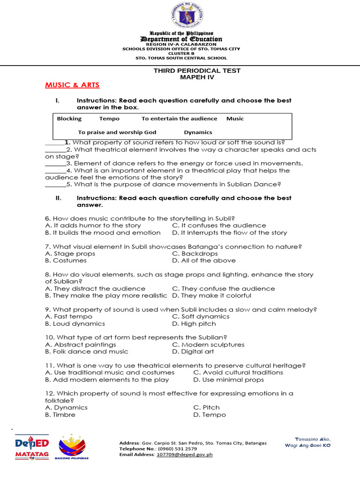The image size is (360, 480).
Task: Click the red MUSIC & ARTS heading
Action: (x=72, y=85)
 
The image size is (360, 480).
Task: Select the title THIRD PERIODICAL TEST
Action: (x=197, y=70)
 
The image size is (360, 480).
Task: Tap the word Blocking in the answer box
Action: (x=69, y=119)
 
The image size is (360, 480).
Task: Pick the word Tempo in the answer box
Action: (x=109, y=119)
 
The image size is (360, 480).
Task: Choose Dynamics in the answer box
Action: (x=198, y=132)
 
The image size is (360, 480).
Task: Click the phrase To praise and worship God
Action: (x=117, y=132)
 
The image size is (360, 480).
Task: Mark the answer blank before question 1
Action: (x=54, y=143)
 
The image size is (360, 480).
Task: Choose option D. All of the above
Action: (x=204, y=261)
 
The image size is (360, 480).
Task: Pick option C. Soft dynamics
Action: (x=201, y=316)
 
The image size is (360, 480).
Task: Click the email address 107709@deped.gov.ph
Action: (x=185, y=454)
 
